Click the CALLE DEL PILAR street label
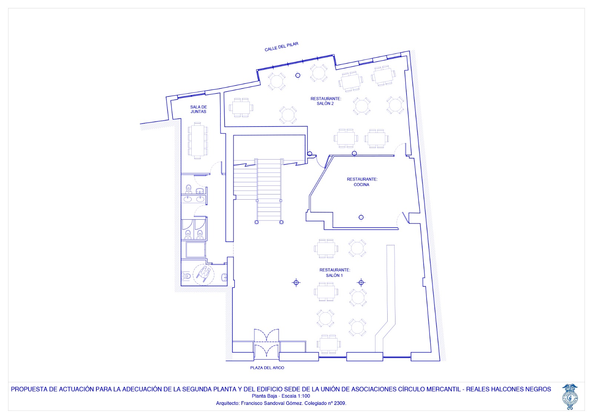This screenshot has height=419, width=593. coord(281,47)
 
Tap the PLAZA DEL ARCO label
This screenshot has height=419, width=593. coord(267,367)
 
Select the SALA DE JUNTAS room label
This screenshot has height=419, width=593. coord(199,109)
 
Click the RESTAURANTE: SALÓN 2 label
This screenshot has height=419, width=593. coord(326,101)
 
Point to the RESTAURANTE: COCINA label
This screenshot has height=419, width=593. coord(362,182)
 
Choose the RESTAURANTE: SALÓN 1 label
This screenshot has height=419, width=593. coord(335,272)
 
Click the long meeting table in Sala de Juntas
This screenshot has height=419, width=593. coord(198,141)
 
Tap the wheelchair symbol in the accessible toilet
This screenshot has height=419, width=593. coord(203,274)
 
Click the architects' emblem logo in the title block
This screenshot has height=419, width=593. coord(570,396)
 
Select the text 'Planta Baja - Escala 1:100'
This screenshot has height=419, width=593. coord(281,396)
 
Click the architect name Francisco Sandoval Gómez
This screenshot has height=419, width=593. coord(272,403)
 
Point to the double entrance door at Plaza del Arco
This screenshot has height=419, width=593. coord(266,344)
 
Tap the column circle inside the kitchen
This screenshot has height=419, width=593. coord(361,217)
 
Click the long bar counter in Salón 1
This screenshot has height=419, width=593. coord(387,298)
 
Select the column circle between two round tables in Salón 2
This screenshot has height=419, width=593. coord(298,76)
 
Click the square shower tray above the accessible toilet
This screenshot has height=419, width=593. coord(195,249)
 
